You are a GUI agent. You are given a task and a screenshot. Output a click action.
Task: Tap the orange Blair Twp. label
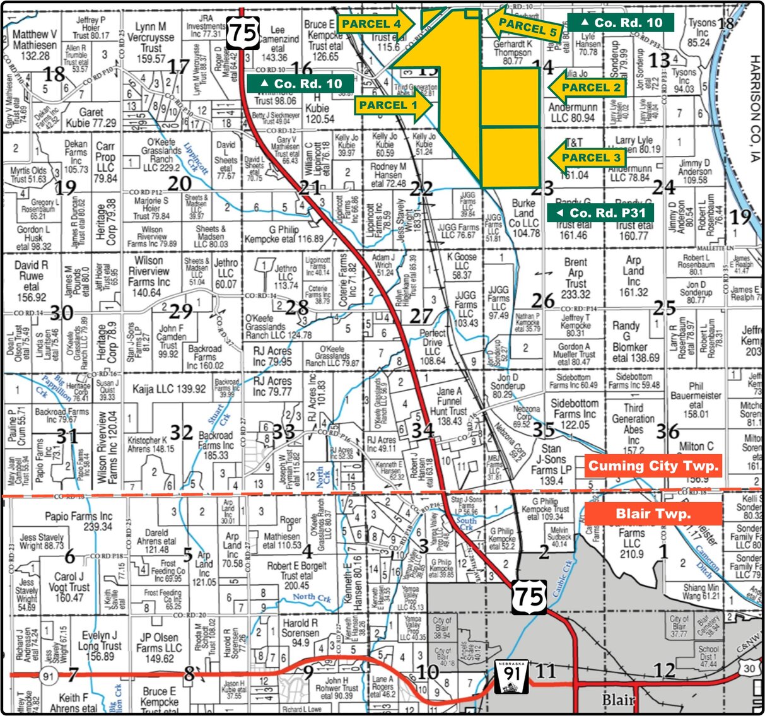(653, 514)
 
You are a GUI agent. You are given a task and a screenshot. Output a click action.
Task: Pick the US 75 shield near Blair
(528, 597)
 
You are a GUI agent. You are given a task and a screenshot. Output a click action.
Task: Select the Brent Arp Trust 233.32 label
(575, 278)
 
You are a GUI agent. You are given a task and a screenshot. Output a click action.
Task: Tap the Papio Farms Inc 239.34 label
(79, 521)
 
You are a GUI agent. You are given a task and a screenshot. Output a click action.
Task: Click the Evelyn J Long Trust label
(100, 645)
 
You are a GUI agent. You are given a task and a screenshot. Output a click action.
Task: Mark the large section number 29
(181, 311)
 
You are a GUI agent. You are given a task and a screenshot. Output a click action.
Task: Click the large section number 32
(181, 432)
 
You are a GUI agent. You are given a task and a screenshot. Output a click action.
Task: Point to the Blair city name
(618, 700)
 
